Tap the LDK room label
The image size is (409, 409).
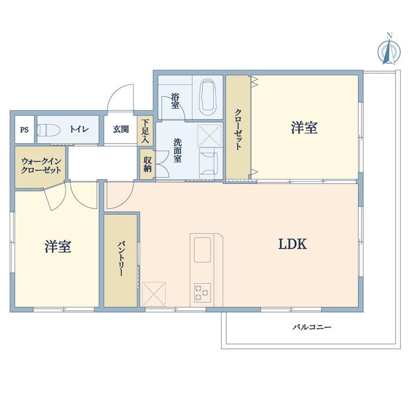pyautogui.click(x=293, y=245)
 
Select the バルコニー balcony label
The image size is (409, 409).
pyautogui.click(x=312, y=327)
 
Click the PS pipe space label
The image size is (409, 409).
pyautogui.click(x=24, y=130)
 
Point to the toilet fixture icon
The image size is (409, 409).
pyautogui.click(x=49, y=130)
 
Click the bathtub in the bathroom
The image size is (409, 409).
pyautogui.click(x=208, y=95)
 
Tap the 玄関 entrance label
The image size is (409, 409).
pyautogui.click(x=121, y=129)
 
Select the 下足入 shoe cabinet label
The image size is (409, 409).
pyautogui.click(x=145, y=131)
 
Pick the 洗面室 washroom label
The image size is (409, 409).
pyautogui.click(x=178, y=151)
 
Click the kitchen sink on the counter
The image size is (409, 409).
pyautogui.click(x=202, y=250)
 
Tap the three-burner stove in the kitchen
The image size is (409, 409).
pyautogui.click(x=202, y=293)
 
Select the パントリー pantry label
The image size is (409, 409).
pyautogui.click(x=120, y=259)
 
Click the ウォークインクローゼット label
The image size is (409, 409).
pyautogui.click(x=41, y=166)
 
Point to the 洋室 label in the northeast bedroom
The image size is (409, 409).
pyautogui.click(x=304, y=128)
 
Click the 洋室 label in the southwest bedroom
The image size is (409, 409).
pyautogui.click(x=58, y=246)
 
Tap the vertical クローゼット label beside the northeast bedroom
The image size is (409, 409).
pyautogui.click(x=238, y=129)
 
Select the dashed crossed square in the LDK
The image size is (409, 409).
pyautogui.click(x=154, y=294)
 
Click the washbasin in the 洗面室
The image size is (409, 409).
pyautogui.click(x=208, y=163)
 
